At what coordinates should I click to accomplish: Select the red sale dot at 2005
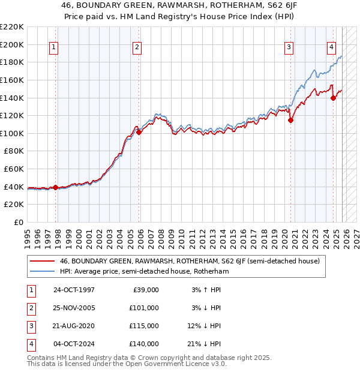pyautogui.click(x=139, y=133)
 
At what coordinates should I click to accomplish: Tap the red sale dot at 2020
pyautogui.click(x=291, y=120)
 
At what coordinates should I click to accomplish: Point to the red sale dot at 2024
pyautogui.click(x=334, y=98)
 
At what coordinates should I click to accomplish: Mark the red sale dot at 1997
pyautogui.click(x=56, y=187)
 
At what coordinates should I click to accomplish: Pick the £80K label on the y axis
pyautogui.click(x=14, y=151)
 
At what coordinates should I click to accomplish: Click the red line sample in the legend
pyautogui.click(x=42, y=262)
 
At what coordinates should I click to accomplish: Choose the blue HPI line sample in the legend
pyautogui.click(x=42, y=271)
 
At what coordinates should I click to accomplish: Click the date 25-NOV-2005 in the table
pyautogui.click(x=74, y=308)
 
